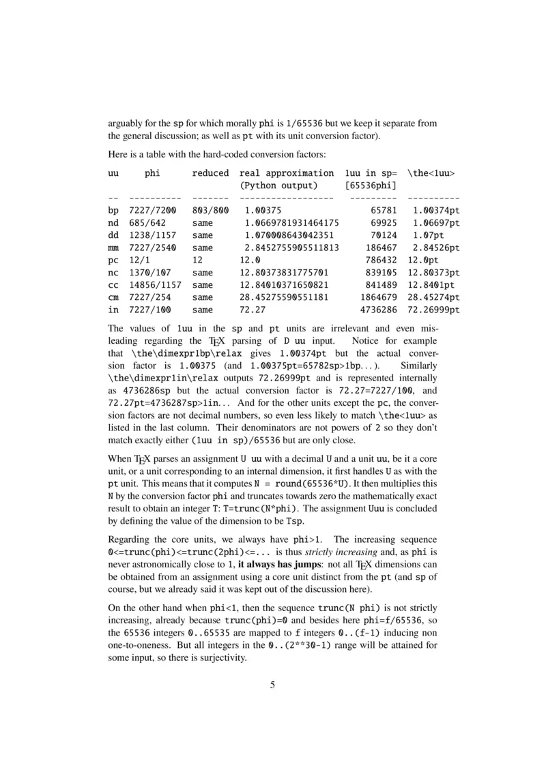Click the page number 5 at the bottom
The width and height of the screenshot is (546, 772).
pos(273,685)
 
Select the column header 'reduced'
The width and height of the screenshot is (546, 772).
pos(210,173)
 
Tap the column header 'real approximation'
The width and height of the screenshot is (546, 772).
pos(287,173)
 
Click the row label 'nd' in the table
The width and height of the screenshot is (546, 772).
pos(113,222)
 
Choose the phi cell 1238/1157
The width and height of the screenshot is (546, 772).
pos(152,235)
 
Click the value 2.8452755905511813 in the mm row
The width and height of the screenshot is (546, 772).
pos(292,247)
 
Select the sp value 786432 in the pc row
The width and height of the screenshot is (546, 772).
pos(382,259)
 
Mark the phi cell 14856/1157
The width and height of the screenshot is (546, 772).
pos(155,284)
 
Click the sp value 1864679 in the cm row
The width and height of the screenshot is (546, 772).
pos(379,297)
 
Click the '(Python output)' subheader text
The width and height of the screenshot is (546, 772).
pos(278,185)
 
